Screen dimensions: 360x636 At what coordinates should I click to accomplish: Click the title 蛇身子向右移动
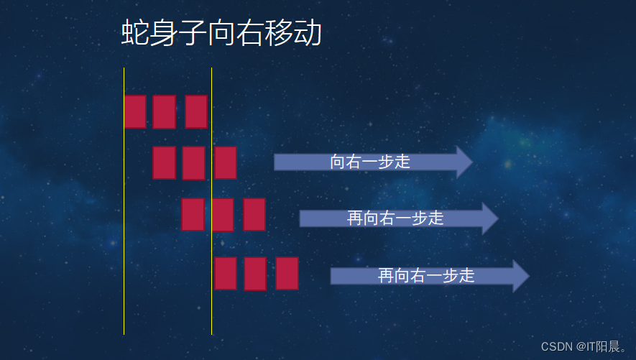tap(221, 34)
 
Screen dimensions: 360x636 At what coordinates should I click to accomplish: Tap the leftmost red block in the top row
tap(135, 111)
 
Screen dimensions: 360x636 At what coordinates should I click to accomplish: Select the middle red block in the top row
tap(164, 111)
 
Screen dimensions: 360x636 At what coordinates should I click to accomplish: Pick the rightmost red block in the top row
tap(196, 111)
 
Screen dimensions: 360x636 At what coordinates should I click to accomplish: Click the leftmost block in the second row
tap(164, 162)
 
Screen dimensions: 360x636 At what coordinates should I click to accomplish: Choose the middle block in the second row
tap(193, 163)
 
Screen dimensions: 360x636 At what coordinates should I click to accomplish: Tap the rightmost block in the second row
tap(226, 162)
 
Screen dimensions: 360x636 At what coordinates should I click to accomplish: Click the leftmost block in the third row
tap(193, 214)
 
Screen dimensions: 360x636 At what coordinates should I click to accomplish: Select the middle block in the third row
tap(223, 215)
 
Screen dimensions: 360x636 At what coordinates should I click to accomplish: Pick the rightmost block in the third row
tap(254, 214)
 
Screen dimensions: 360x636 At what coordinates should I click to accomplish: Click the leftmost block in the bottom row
tap(226, 273)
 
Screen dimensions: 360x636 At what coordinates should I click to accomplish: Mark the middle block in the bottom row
tap(255, 274)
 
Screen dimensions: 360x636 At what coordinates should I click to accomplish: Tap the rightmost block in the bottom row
tap(287, 273)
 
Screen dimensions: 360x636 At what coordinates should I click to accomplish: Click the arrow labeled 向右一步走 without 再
tap(370, 162)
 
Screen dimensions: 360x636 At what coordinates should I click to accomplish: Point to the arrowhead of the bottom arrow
tap(520, 276)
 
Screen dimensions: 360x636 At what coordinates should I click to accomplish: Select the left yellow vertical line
tap(124, 216)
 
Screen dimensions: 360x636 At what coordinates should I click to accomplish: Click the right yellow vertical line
tap(211, 302)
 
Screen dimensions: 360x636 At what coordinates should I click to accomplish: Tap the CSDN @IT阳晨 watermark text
tap(584, 346)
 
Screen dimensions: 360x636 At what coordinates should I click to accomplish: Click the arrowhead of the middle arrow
tap(489, 218)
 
